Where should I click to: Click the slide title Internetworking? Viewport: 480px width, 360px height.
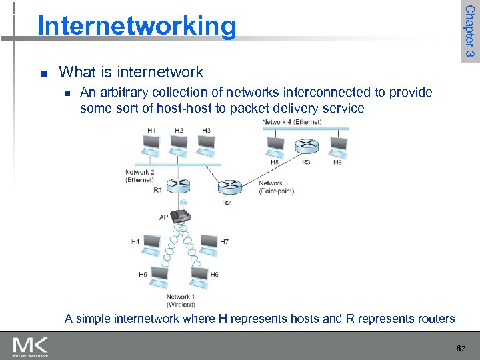tap(137, 26)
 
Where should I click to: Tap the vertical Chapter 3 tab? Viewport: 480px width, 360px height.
tap(469, 31)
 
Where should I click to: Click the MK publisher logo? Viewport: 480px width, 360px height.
tap(30, 345)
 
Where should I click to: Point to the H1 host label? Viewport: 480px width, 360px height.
tap(151, 130)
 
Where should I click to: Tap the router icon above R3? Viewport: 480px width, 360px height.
tap(306, 145)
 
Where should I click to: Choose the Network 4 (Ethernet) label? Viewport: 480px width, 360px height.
tap(292, 122)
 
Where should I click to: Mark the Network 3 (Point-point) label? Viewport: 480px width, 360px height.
tap(276, 187)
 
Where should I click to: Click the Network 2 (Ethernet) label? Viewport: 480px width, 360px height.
tap(139, 176)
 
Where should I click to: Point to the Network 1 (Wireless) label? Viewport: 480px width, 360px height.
tap(179, 301)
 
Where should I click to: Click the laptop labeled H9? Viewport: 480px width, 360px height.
tap(338, 145)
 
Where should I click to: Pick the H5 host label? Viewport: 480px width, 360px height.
tap(143, 274)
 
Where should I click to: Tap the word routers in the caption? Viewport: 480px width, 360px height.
tap(434, 319)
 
